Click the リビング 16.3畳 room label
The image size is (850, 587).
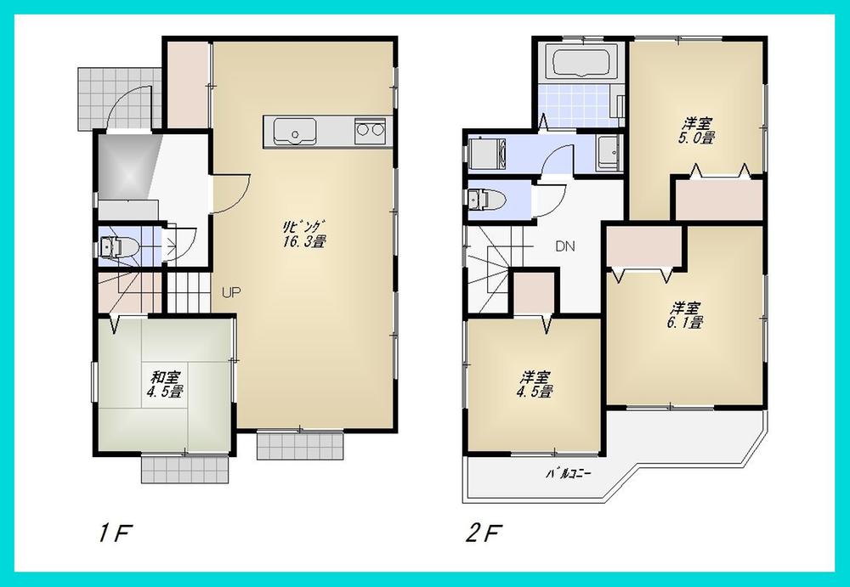click(305, 233)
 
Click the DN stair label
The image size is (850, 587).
click(565, 247)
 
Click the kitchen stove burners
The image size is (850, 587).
click(371, 132)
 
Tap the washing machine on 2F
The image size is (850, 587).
click(486, 154)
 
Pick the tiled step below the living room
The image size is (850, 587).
click(300, 443)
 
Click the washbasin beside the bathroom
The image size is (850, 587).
click(608, 153)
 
